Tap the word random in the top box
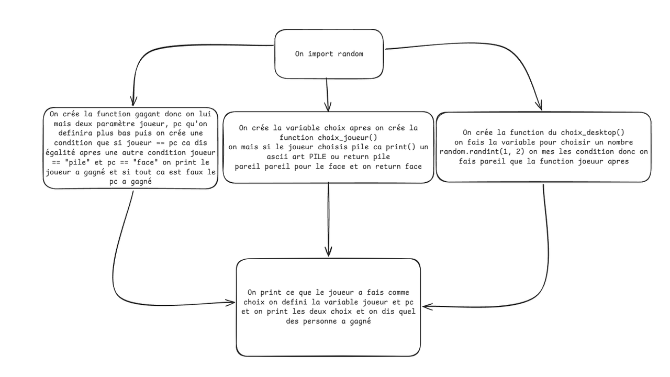350,54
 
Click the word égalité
60,152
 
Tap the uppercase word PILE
318,157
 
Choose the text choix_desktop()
593,132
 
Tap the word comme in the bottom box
398,292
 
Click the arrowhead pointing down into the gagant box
133,101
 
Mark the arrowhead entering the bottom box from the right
427,306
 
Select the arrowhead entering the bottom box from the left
230,302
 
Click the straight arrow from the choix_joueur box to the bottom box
328,220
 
